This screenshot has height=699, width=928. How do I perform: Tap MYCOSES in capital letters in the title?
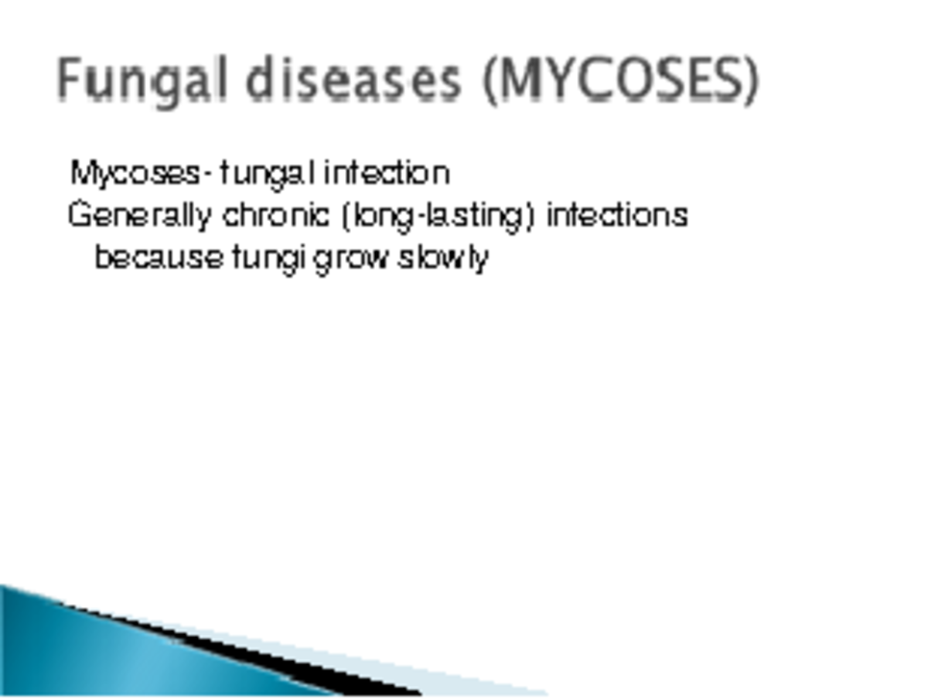point(619,80)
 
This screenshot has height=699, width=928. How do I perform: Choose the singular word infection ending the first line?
point(387,173)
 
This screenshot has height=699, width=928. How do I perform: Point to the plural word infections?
point(617,216)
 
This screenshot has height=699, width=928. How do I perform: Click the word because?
point(159,257)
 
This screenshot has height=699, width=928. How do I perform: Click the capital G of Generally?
point(78,216)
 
